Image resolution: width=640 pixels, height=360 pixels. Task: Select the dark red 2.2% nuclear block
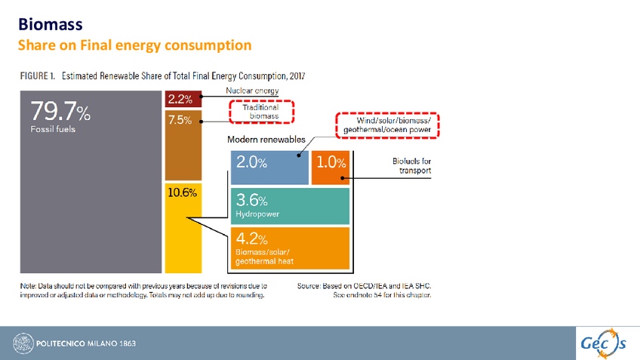(183, 99)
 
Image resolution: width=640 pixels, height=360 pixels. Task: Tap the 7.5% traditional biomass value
(180, 120)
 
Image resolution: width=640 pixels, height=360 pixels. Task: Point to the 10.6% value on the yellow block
(182, 192)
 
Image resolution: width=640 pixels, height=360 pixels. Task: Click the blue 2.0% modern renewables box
(269, 167)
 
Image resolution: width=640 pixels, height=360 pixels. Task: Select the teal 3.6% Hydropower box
(290, 206)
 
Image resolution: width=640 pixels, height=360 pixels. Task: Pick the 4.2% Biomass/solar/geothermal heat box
(290, 248)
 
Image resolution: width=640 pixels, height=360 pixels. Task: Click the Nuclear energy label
(252, 91)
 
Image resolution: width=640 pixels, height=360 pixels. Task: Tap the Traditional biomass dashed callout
(260, 112)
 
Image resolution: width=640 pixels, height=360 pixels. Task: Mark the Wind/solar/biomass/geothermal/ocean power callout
(386, 125)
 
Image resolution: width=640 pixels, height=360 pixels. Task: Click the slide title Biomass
(51, 27)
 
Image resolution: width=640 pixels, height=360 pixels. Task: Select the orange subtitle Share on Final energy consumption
(134, 45)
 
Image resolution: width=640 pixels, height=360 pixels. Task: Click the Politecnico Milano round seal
(23, 343)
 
